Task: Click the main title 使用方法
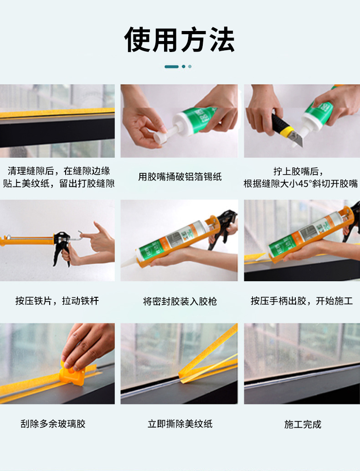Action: coord(180,40)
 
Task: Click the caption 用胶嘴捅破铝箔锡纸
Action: coord(180,176)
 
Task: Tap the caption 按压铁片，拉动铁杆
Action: coord(57,301)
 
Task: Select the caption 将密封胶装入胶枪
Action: coord(180,301)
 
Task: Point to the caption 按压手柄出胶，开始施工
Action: coord(301,301)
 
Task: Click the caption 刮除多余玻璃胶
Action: coord(53,424)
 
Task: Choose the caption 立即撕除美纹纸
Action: coord(180,424)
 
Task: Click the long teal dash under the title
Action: coord(171,67)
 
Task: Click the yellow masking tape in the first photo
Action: coord(57,112)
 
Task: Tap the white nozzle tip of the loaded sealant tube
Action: coord(130,263)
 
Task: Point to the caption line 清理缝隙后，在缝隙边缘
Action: coord(59,171)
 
